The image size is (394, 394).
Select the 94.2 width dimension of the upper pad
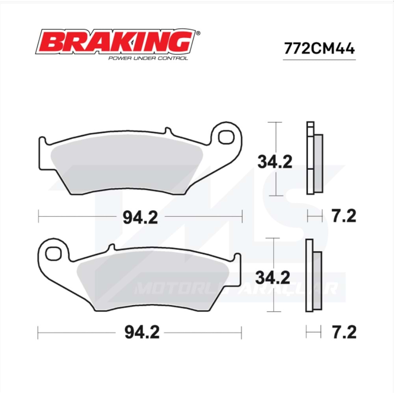click(140, 216)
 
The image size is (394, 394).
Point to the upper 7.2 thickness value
click(343, 216)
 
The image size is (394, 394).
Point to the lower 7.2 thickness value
click(343, 333)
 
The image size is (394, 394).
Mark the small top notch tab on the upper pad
click(167, 130)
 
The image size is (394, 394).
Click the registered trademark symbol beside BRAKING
click(198, 34)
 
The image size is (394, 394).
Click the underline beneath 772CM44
click(319, 60)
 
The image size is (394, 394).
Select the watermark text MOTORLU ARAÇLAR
click(236, 289)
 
